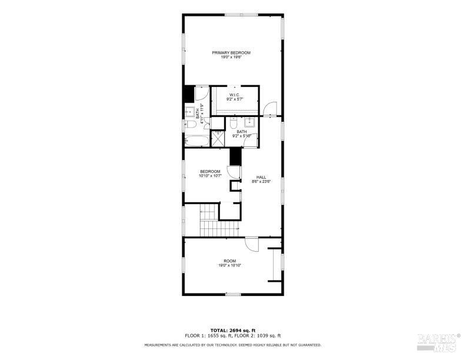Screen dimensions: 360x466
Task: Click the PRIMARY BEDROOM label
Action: pos(231,55)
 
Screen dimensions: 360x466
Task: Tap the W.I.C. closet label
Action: pos(234,97)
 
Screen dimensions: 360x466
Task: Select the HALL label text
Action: pos(261,179)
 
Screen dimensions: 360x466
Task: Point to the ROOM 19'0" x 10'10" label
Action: pos(229,263)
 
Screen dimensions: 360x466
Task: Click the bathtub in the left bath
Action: pos(197,142)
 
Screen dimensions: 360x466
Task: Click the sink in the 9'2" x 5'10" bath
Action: pos(249,122)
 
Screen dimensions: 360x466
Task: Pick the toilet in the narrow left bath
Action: pos(189,125)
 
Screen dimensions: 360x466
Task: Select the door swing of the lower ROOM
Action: pos(252,244)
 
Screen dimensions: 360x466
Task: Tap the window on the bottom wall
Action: pos(233,294)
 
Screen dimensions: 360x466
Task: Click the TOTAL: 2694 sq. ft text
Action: pos(232,331)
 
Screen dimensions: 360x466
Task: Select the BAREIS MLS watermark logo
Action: pos(438,342)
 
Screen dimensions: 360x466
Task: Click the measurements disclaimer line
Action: pos(232,345)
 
